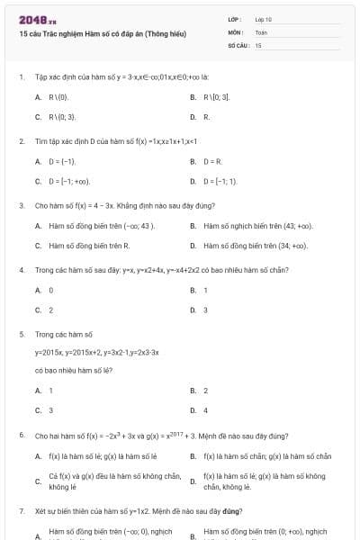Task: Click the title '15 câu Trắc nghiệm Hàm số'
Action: (102, 33)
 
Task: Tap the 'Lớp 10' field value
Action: (263, 19)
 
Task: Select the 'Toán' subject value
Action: (261, 31)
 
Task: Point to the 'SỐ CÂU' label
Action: (238, 44)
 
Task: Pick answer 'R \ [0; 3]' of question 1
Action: (219, 96)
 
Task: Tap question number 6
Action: (21, 435)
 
